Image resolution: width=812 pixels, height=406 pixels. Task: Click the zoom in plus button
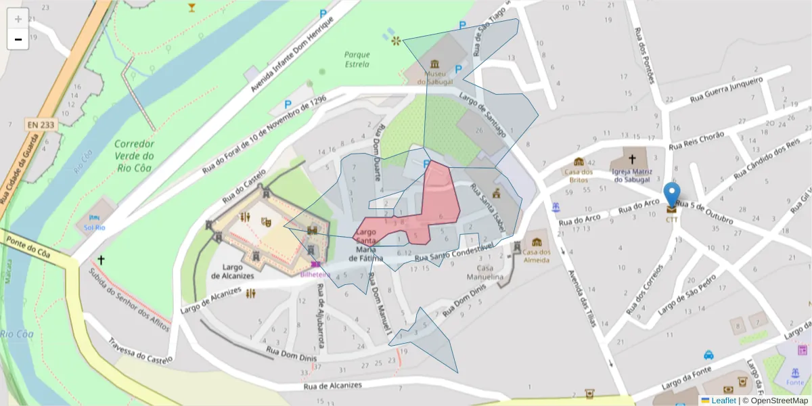point(18,19)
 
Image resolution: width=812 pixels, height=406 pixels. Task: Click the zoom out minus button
point(18,39)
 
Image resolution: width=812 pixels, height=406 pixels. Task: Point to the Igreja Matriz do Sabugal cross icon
point(632,160)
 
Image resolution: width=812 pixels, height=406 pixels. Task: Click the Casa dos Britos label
point(579,176)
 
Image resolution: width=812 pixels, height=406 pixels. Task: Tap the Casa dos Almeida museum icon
point(537,242)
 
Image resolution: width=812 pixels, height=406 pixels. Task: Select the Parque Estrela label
point(357,60)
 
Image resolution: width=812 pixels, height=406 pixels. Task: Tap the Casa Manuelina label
point(485,273)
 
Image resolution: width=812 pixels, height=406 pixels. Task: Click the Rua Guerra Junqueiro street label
point(726,89)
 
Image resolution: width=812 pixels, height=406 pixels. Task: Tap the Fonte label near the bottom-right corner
point(795,382)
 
